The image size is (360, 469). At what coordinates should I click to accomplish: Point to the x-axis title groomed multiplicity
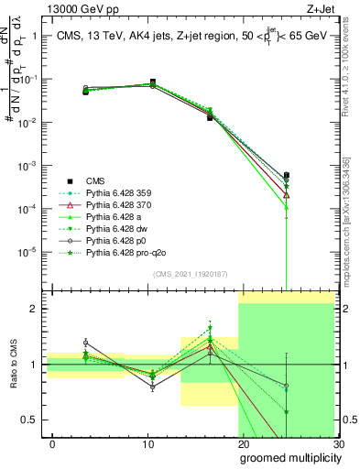point(289,458)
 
